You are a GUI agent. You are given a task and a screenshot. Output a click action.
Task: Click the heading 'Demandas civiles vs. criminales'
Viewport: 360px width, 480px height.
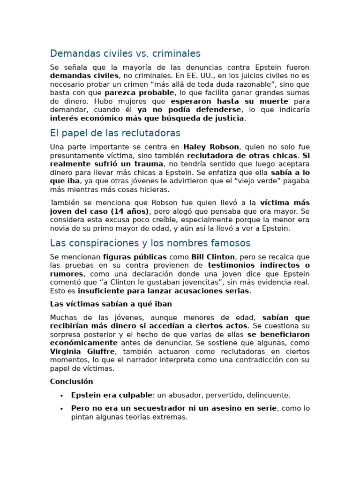[x=125, y=53]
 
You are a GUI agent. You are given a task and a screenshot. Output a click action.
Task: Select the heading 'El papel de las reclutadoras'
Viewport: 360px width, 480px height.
[x=115, y=133]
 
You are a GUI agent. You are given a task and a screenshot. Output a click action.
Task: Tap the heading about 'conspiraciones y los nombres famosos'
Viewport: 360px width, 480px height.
[x=150, y=243]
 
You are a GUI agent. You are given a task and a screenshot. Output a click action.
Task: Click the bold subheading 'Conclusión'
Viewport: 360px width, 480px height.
[x=71, y=382]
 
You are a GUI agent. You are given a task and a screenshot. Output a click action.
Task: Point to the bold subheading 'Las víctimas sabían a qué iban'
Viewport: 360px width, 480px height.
[x=111, y=304]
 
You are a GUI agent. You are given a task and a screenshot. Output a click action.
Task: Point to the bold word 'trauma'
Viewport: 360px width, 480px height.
[x=149, y=164]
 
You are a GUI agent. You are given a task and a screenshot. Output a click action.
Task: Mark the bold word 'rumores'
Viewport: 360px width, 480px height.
[x=67, y=274]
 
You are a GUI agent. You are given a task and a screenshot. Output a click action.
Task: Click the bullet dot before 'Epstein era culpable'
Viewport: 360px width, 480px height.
[x=61, y=396]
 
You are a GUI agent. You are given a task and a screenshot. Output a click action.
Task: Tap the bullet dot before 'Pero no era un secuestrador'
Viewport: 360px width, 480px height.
[x=61, y=409]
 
